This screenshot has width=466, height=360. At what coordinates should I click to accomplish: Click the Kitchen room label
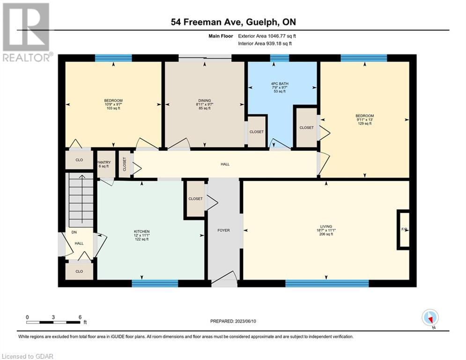pos(142,232)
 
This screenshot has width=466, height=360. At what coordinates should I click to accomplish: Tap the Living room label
pos(326,226)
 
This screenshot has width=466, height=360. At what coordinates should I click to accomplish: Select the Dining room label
pos(205,101)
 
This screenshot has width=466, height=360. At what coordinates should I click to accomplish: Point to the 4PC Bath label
pos(280,83)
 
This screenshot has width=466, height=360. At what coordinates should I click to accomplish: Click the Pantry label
pos(104,162)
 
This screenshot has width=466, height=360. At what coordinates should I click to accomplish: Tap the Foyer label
pos(223,230)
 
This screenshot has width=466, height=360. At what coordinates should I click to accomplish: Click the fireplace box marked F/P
pos(404,230)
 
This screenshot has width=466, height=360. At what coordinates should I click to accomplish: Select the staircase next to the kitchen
pos(81,200)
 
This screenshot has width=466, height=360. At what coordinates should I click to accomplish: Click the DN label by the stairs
pos(74,232)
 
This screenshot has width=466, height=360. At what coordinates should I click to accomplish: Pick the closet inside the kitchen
pos(195,199)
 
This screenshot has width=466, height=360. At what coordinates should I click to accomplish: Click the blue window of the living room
pos(327,283)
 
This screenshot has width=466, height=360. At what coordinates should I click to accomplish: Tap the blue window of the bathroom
pos(279,58)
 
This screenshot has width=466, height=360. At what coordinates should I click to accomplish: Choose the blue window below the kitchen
pos(155,283)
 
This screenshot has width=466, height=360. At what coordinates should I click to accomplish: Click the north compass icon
pos(430,318)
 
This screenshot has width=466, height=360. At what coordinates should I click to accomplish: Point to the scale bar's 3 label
pos(53,317)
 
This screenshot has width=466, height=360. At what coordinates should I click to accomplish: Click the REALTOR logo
pos(26,32)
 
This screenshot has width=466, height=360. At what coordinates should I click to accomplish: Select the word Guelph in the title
pos(263,22)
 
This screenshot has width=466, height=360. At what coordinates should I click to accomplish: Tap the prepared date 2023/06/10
pos(245,321)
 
